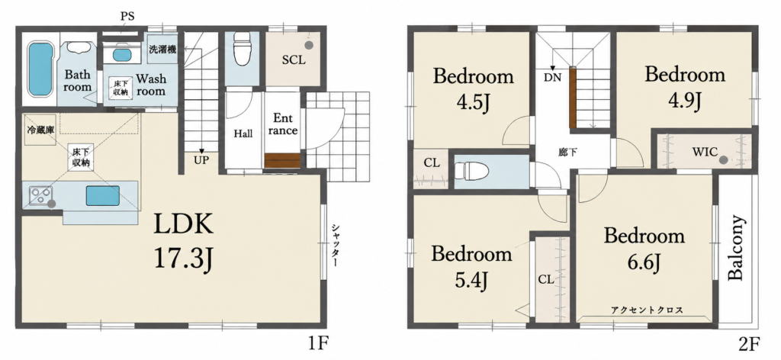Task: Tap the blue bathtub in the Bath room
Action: click(x=40, y=69)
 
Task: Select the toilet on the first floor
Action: click(x=242, y=49)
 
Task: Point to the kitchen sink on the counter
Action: click(x=103, y=195)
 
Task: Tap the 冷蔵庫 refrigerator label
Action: click(x=40, y=131)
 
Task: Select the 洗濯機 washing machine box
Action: click(x=162, y=49)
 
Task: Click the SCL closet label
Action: click(x=294, y=59)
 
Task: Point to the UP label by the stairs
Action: click(x=201, y=160)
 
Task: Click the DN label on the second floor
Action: click(x=552, y=77)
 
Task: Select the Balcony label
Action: click(x=736, y=247)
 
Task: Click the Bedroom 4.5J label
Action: click(x=473, y=90)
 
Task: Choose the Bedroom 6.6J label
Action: click(x=644, y=249)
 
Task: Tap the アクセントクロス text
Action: click(x=647, y=310)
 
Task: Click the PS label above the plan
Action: click(x=127, y=17)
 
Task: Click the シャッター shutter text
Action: click(x=336, y=245)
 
